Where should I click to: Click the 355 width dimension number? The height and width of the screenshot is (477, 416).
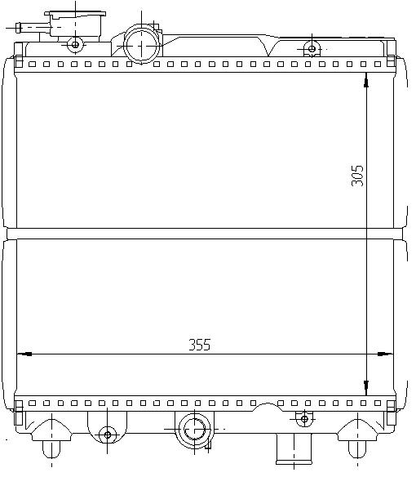click(199, 345)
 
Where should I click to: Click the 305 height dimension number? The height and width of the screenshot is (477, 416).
click(357, 176)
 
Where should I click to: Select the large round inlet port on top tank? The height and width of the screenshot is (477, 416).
click(141, 45)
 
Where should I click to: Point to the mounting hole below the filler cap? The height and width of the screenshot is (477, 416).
click(75, 45)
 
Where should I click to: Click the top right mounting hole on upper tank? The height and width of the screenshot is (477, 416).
click(312, 49)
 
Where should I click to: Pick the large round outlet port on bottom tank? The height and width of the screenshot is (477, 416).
click(194, 430)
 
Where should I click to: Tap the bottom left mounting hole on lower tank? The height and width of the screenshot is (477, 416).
click(108, 435)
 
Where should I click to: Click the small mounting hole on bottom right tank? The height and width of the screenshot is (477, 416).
click(304, 419)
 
